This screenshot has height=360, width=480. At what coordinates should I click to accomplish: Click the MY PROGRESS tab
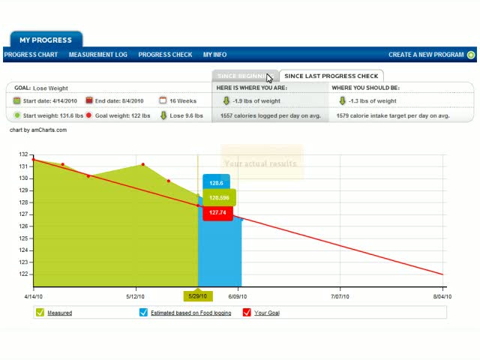[x=46, y=40]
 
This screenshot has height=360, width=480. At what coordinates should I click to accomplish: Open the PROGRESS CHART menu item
[x=31, y=55]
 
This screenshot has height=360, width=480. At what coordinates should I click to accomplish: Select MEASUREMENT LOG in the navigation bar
[x=97, y=55]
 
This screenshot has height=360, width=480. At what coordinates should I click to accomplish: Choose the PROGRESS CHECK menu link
[x=165, y=55]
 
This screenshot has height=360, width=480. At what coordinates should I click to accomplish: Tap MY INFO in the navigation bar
[x=214, y=55]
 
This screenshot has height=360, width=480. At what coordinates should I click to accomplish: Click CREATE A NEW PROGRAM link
[x=431, y=55]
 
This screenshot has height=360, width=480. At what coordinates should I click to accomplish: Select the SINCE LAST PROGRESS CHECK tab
[x=331, y=76]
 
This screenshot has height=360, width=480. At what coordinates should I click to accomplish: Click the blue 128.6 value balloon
[x=216, y=183]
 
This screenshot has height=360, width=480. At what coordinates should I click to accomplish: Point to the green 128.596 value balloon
[x=219, y=198]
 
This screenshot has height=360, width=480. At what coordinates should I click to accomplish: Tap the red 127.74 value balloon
[x=217, y=213]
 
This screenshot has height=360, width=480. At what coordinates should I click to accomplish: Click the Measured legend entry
[x=59, y=313]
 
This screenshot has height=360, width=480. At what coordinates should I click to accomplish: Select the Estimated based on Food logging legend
[x=190, y=313]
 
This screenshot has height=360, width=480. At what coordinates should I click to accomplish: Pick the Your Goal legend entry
[x=266, y=313]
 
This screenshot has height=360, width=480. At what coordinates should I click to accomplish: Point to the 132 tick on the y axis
[x=24, y=154]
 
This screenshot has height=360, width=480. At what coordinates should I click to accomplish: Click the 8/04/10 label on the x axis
[x=442, y=297]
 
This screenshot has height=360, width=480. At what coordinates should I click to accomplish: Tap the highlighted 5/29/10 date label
[x=198, y=296]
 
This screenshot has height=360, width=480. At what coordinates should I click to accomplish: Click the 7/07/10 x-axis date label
[x=340, y=297]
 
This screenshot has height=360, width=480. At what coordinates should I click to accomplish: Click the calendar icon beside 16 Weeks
[x=163, y=100]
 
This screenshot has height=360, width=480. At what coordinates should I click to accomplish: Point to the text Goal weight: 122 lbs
[x=122, y=115]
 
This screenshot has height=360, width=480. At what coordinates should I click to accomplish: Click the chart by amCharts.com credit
[x=37, y=130]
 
